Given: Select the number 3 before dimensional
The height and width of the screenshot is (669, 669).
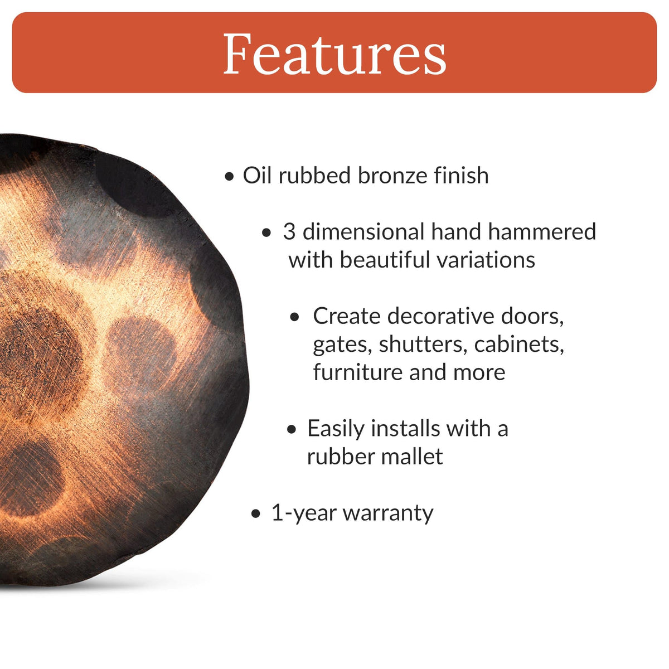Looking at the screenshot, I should [x=289, y=232].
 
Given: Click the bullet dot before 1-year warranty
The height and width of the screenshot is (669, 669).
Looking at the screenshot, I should [x=256, y=514].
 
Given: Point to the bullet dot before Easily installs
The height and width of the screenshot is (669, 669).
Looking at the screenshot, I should [x=292, y=430].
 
